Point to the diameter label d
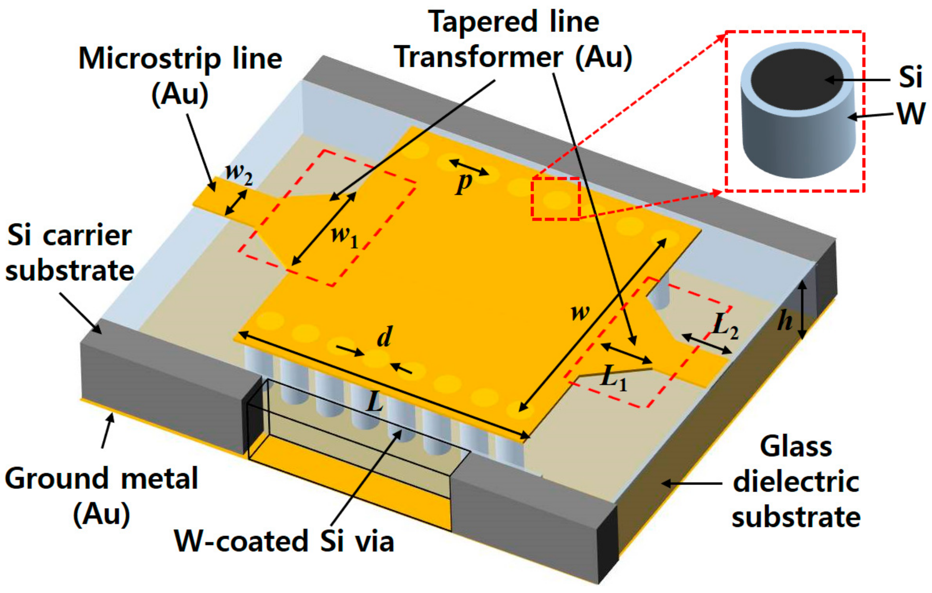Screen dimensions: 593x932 [384, 337]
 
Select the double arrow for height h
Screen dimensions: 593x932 [802, 309]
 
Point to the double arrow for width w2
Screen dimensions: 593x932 [236, 203]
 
